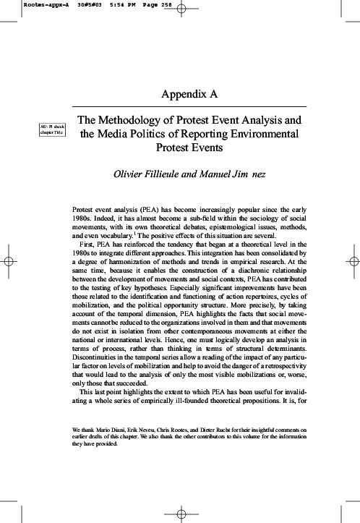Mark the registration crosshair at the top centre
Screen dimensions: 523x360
180,10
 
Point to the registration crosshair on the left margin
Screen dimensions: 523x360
9,261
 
